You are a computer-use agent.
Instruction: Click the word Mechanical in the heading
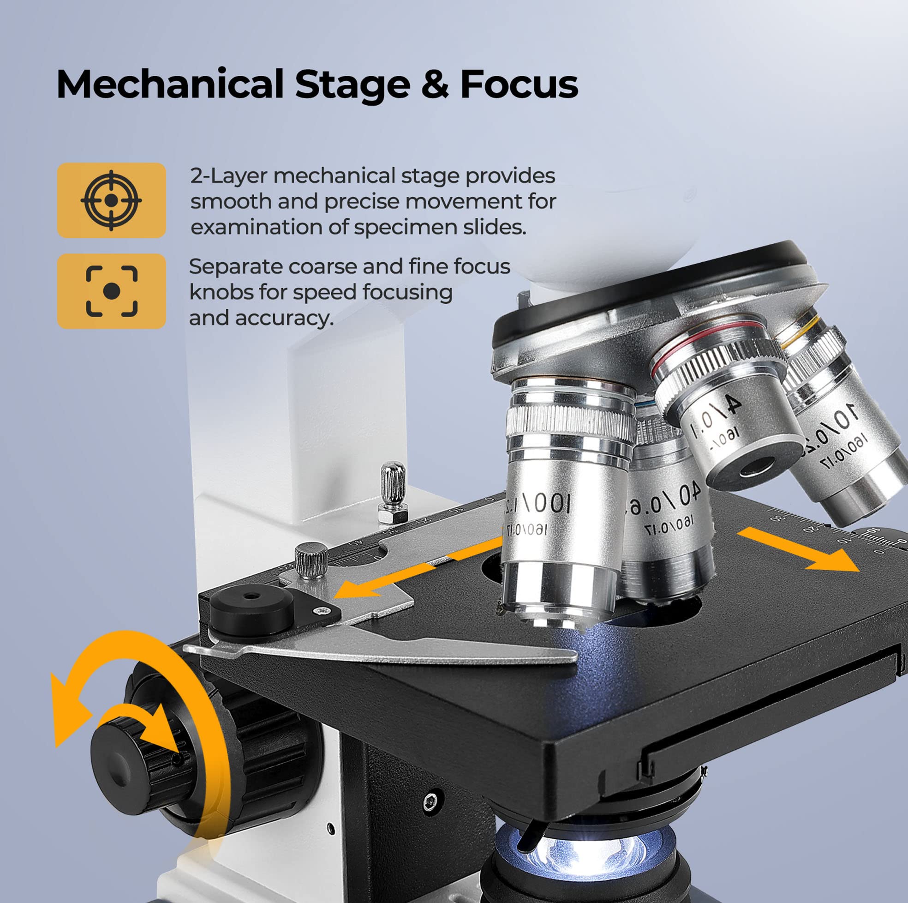170,84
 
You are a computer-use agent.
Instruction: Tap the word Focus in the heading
519,84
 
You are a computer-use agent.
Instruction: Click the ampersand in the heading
435,84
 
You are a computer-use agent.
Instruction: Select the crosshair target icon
111,200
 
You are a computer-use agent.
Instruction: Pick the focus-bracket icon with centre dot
111,291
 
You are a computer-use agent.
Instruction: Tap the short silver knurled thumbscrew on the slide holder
311,559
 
